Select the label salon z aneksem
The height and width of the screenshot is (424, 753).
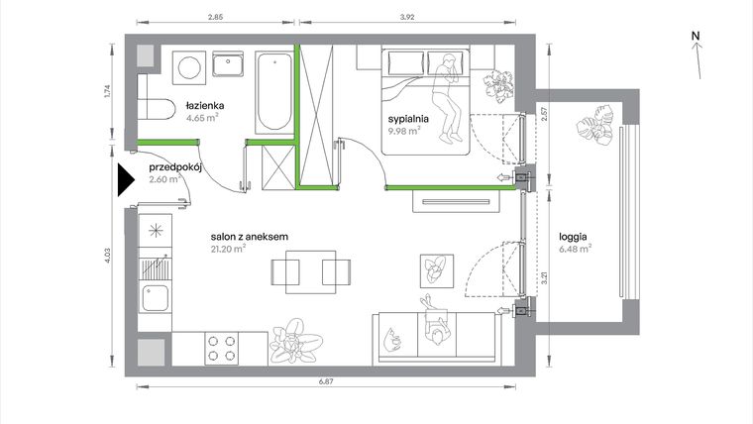(249, 237)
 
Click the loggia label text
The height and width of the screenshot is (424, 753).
(574, 237)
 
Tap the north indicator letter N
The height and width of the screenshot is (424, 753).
(697, 37)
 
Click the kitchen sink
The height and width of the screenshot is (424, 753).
(155, 295)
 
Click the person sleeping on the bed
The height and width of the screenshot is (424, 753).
(451, 94)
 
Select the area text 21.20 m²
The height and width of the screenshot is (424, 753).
(228, 250)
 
